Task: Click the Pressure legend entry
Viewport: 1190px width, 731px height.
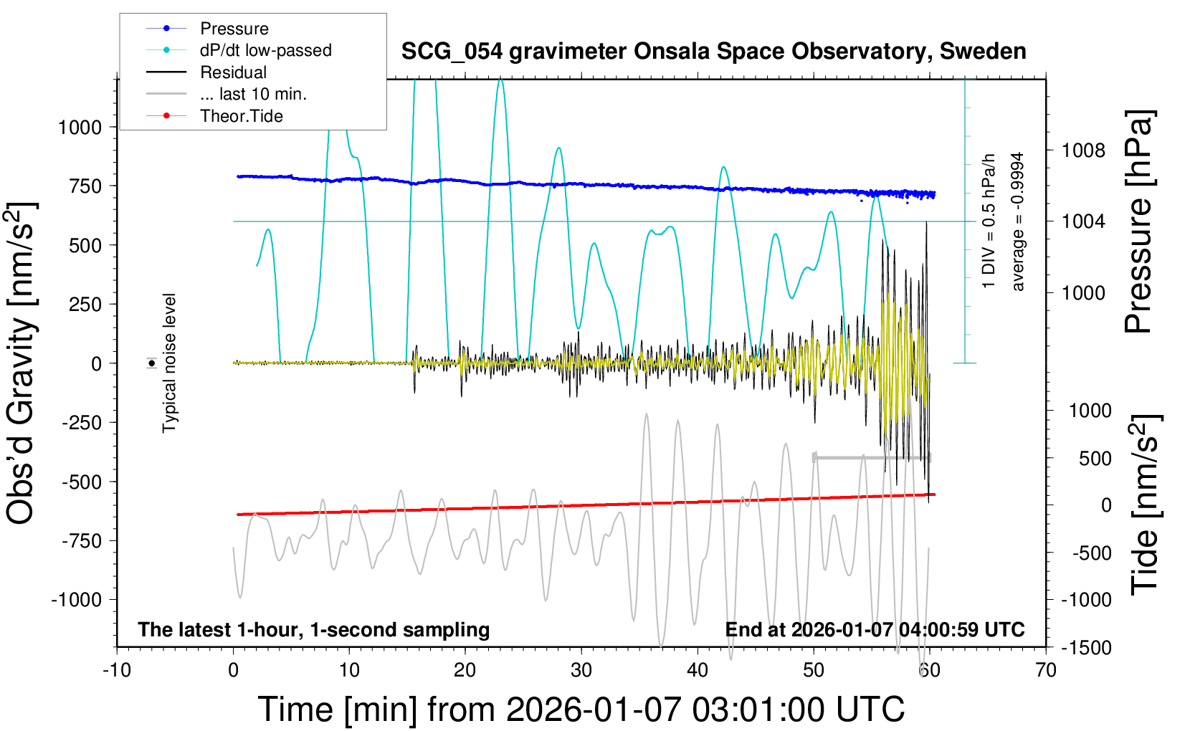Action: [x=234, y=29]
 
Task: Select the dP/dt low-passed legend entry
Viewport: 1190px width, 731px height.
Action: [x=265, y=50]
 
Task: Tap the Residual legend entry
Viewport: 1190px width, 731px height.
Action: [x=233, y=72]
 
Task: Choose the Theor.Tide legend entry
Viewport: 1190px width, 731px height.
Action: [x=241, y=116]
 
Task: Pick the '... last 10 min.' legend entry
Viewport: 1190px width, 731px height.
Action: [x=253, y=94]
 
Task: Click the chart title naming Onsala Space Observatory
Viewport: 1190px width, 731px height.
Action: [x=713, y=52]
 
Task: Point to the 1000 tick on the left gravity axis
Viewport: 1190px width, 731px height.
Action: [x=80, y=128]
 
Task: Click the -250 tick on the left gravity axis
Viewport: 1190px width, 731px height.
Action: [x=82, y=423]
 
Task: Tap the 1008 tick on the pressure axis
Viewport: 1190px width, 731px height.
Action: [x=1083, y=150]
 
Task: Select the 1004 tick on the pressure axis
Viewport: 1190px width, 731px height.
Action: [x=1083, y=221]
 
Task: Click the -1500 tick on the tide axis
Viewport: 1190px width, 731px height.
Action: [x=1086, y=648]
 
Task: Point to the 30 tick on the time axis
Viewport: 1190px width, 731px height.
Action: [x=581, y=671]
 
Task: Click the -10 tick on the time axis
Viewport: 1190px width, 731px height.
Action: [x=117, y=671]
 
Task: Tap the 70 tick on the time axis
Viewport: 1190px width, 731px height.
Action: [x=1046, y=671]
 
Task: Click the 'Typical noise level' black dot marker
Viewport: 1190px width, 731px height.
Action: [x=152, y=363]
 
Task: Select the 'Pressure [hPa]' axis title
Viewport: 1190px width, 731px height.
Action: [x=1138, y=222]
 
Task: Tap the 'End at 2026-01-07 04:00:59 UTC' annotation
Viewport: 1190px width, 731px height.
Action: [x=875, y=630]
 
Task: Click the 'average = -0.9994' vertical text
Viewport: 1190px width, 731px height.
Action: [x=1018, y=221]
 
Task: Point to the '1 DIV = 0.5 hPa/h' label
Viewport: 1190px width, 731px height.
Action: [x=989, y=221]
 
